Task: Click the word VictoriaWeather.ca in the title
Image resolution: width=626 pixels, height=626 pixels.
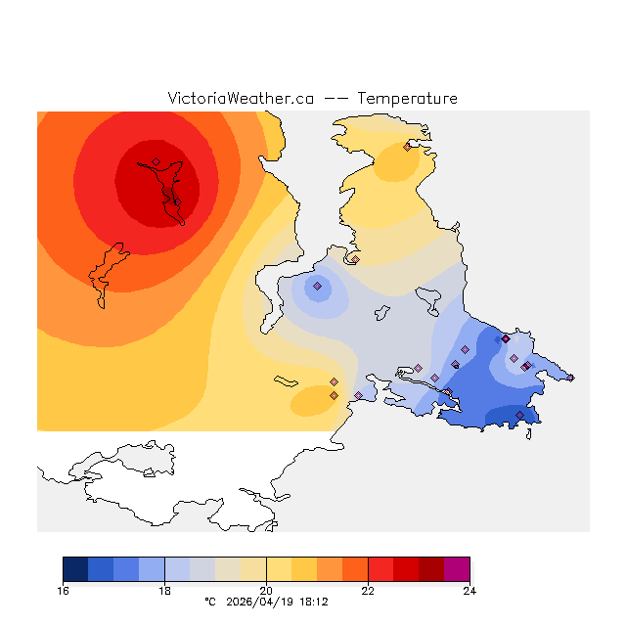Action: tap(241, 99)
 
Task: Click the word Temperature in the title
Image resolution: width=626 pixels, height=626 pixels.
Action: tap(407, 99)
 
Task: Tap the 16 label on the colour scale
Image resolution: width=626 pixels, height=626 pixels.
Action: tap(64, 591)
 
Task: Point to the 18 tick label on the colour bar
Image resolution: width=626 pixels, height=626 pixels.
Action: tap(164, 591)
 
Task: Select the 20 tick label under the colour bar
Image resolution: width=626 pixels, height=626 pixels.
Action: tap(266, 591)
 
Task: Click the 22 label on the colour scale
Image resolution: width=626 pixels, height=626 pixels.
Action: tap(368, 591)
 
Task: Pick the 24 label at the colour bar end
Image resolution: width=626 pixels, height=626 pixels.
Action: tap(469, 591)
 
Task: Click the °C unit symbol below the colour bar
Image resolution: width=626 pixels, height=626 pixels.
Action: tap(208, 603)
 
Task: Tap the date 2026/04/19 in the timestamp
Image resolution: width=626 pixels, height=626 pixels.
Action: tap(261, 603)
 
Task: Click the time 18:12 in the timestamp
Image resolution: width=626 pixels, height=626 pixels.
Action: tap(314, 603)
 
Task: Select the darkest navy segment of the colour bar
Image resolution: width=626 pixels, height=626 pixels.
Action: tap(75, 569)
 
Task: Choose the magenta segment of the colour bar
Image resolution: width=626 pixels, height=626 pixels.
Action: tap(457, 569)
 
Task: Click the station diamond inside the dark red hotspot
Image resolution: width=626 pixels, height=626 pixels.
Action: tap(156, 162)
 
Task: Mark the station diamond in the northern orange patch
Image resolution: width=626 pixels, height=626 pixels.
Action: tap(407, 148)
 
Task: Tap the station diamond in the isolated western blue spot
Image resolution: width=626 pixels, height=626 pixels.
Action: tap(317, 287)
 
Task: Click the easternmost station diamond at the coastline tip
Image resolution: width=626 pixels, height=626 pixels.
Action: tap(571, 378)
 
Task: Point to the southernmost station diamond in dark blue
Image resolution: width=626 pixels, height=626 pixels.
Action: tap(519, 415)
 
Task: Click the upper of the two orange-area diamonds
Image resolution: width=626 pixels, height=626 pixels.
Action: tap(334, 381)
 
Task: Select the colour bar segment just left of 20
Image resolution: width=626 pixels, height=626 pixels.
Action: tap(253, 569)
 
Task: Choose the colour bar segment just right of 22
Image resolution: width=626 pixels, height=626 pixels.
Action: tap(380, 569)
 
